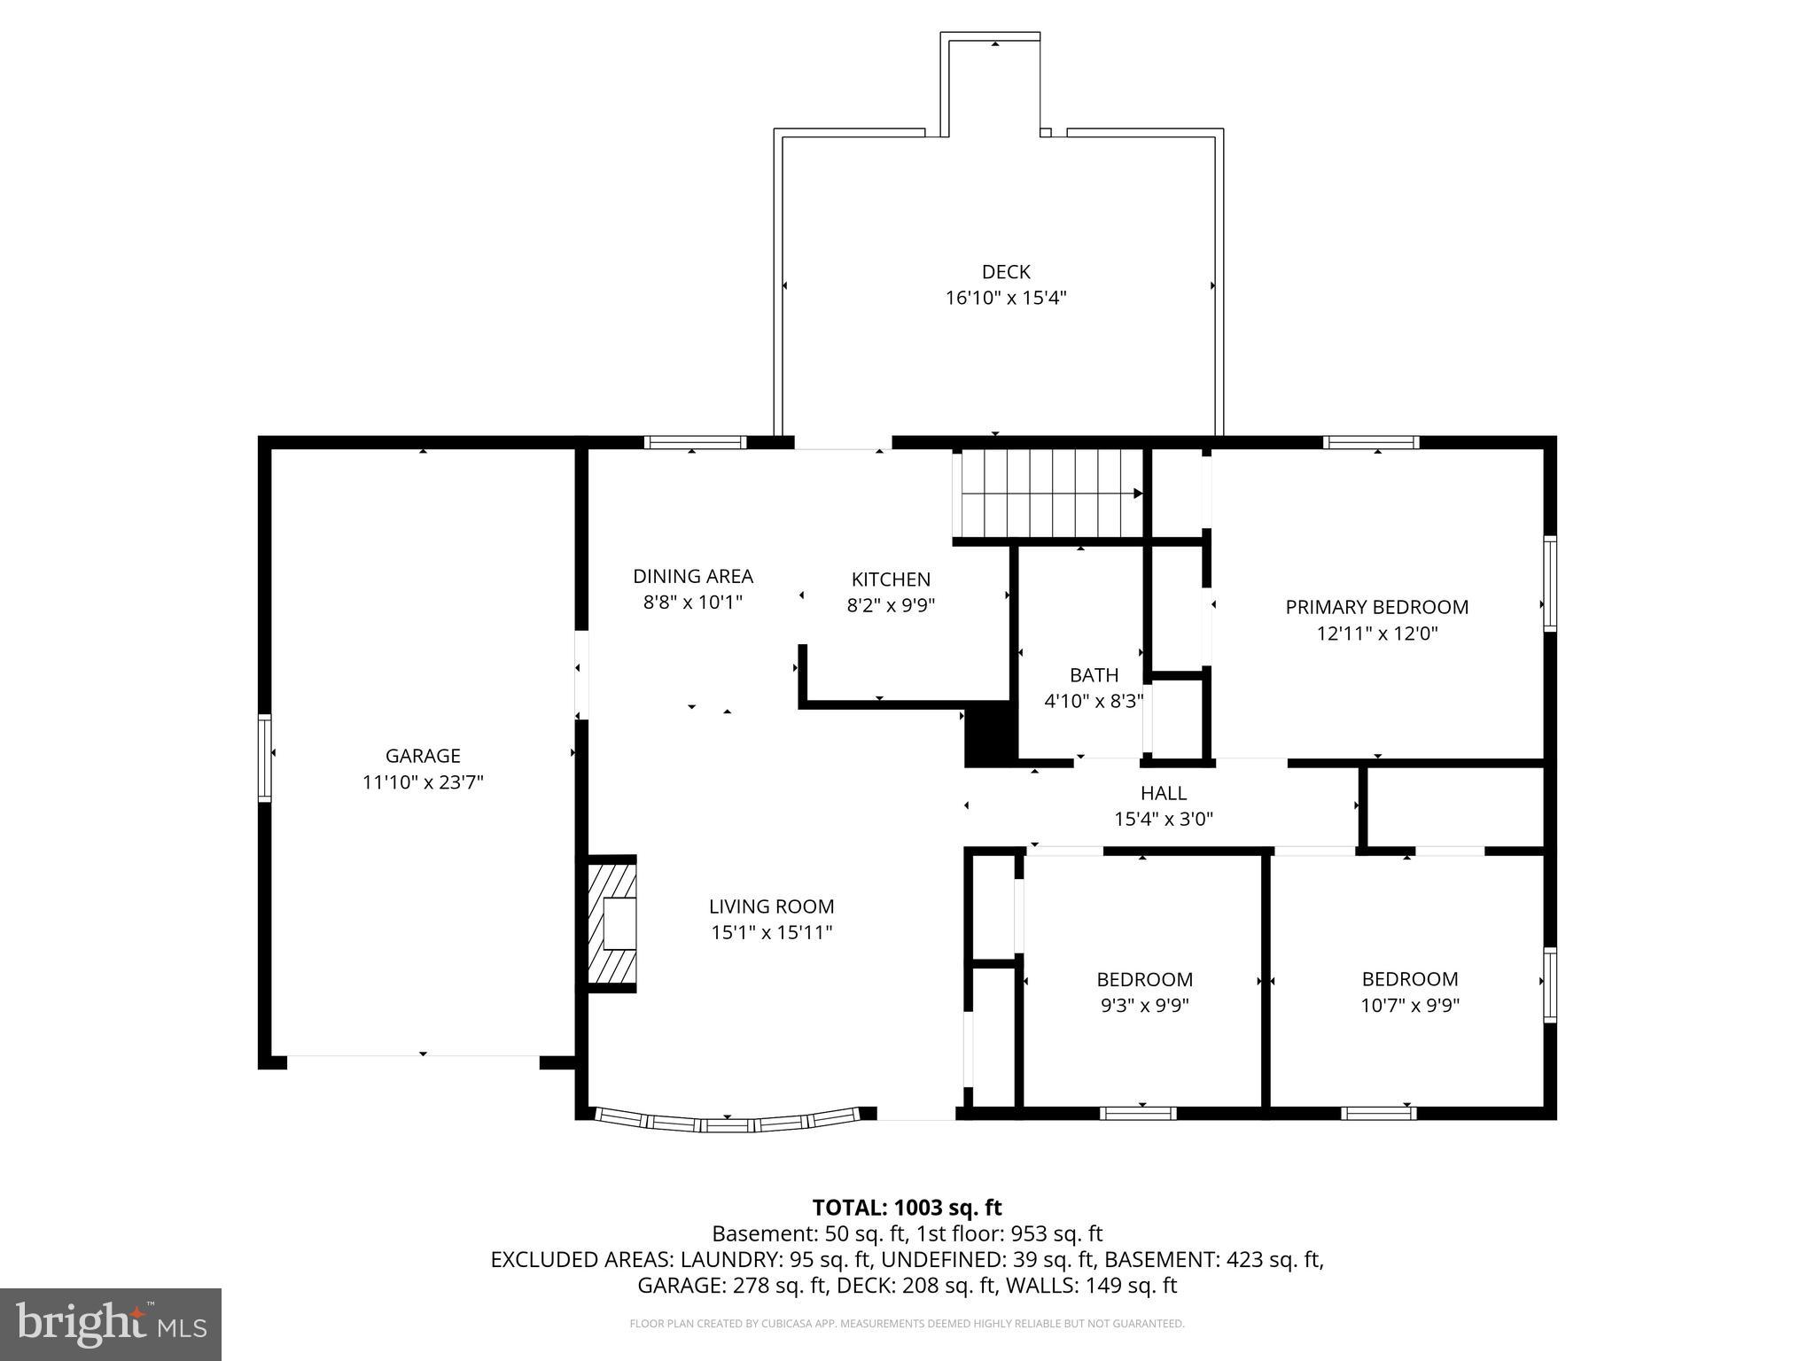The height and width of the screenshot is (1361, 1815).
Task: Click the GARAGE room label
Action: tap(423, 756)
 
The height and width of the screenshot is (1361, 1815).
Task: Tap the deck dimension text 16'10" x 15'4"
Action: tap(1005, 298)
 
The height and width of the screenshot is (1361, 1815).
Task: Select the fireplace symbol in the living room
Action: tap(611, 924)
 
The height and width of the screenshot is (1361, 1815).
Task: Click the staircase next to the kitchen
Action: tap(1048, 493)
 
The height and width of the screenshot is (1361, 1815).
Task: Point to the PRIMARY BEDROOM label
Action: tap(1376, 607)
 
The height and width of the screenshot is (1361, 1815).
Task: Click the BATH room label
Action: tap(1094, 675)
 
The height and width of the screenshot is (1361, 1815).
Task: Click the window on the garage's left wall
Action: tap(264, 758)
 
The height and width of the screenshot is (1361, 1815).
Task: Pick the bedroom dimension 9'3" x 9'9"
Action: tap(1144, 1006)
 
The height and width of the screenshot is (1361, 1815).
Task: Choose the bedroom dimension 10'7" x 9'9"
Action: tap(1409, 1006)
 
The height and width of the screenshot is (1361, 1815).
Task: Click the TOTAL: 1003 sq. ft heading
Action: tap(907, 1208)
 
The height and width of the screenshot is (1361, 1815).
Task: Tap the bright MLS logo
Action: tap(111, 1325)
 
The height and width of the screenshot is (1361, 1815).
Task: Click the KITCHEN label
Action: tap(891, 579)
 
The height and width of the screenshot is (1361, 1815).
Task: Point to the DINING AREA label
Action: tap(692, 576)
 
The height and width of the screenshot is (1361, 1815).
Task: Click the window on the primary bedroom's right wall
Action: tap(1549, 583)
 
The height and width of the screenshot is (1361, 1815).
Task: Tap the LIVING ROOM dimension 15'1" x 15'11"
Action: tap(771, 933)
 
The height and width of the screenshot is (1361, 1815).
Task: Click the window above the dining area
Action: tap(695, 442)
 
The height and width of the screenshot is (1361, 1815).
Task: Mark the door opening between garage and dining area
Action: tap(581, 675)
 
